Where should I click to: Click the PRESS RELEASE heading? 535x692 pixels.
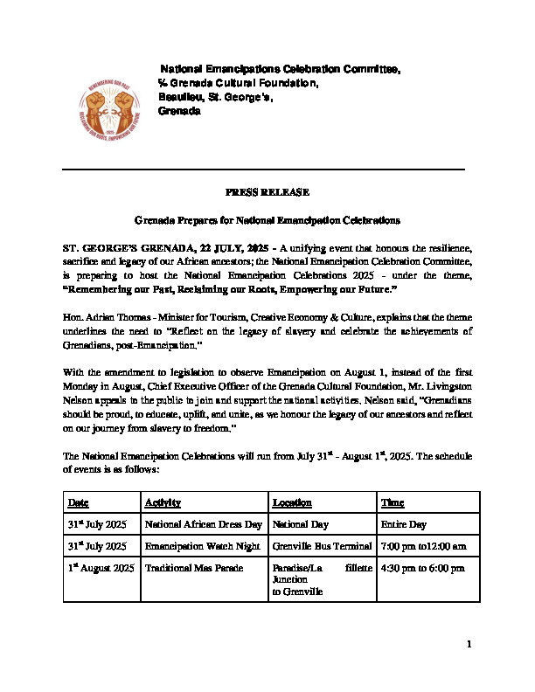267,192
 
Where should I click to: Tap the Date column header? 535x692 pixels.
79,502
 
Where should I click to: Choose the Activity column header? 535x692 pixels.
163,502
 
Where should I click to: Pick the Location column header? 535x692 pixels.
292,502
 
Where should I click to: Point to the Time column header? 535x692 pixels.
393,502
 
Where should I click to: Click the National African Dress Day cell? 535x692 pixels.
203,524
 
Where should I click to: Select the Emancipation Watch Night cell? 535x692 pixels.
198,546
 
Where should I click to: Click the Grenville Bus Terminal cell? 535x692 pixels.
321,546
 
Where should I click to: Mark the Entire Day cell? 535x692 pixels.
403,524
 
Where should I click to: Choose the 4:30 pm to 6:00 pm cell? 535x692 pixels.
422,568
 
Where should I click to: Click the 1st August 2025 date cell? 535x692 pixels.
101,568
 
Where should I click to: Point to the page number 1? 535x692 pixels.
469,645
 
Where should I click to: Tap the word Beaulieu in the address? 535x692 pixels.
178,97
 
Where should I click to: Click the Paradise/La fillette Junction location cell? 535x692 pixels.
321,579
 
